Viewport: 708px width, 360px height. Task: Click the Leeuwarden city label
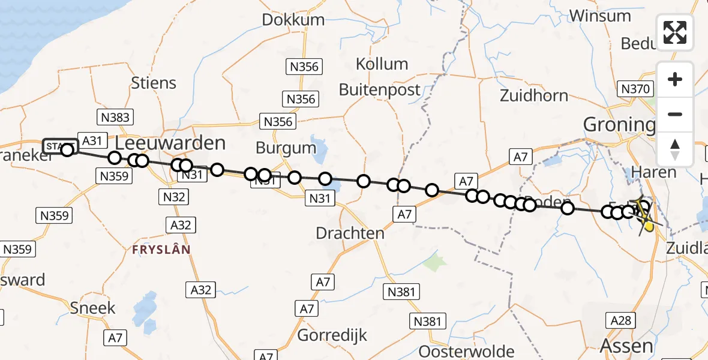[170, 143]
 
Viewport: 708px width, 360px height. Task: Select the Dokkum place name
[293, 19]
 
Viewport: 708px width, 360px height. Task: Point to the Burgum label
[286, 148]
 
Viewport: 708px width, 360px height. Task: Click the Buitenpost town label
[380, 90]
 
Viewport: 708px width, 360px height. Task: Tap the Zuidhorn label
[533, 95]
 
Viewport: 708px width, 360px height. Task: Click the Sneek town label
[92, 308]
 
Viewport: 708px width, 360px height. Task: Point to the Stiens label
[154, 83]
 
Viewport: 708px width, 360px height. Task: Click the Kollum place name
[382, 64]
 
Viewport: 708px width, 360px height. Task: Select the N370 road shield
[635, 89]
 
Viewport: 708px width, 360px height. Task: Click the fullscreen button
[675, 32]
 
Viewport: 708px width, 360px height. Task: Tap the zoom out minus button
[675, 114]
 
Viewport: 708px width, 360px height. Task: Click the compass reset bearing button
[675, 149]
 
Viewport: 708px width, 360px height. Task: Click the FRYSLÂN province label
[161, 249]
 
